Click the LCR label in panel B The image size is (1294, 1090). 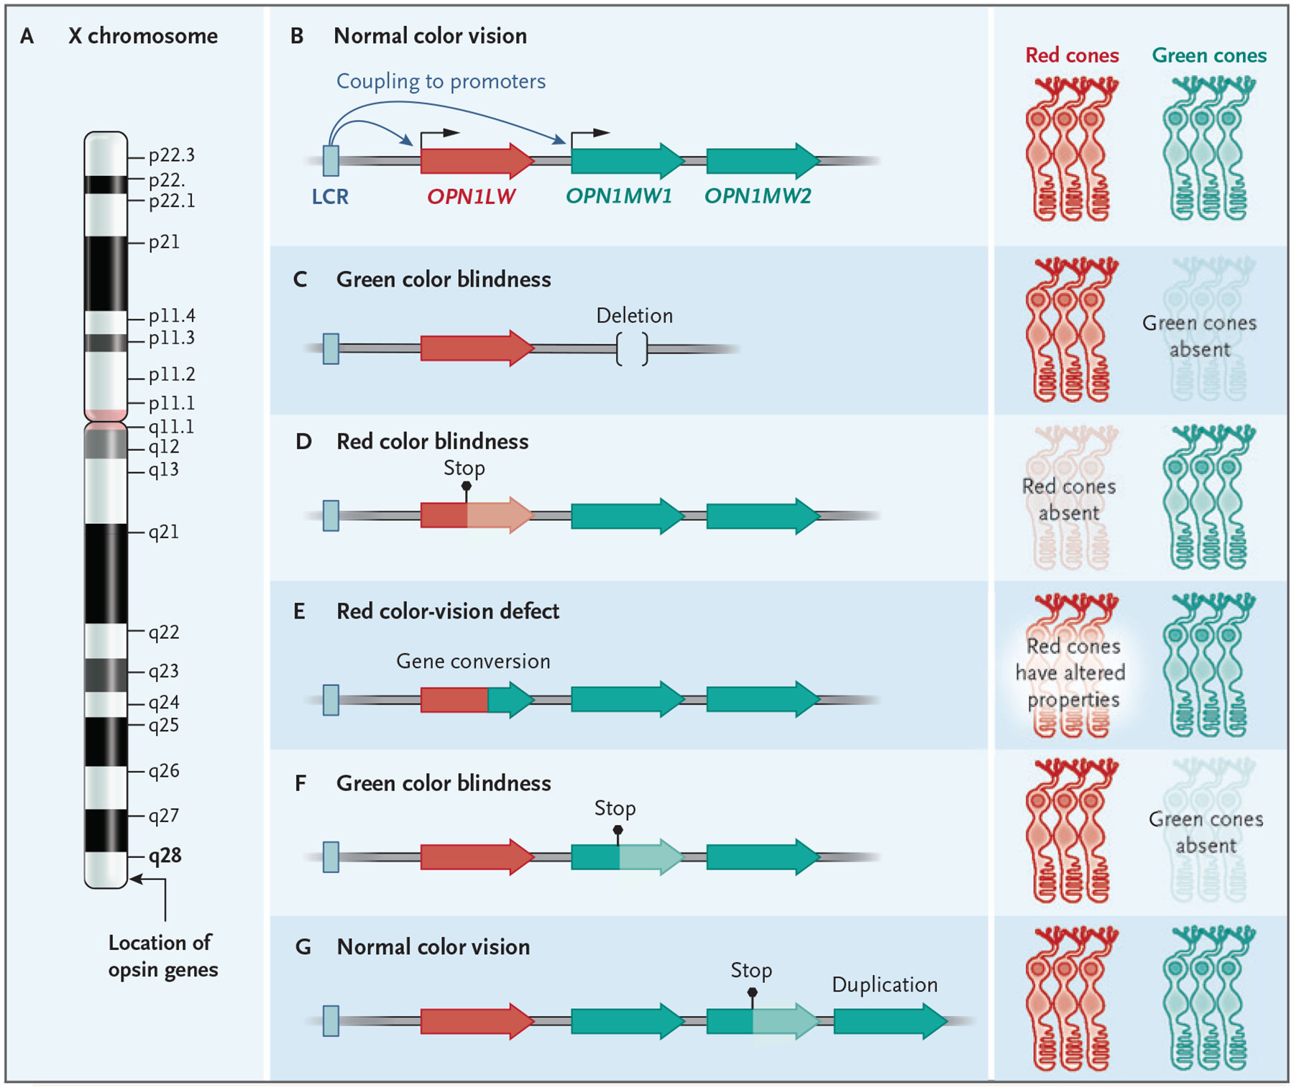[x=330, y=196]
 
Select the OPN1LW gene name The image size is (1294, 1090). [x=471, y=196]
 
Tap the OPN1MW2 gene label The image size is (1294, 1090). [x=758, y=196]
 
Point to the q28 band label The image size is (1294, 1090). [x=165, y=856]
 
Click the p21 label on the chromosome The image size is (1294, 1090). [x=164, y=242]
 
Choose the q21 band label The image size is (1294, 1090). [x=164, y=532]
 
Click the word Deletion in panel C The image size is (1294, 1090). [x=634, y=315]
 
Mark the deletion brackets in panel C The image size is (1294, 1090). [x=632, y=349]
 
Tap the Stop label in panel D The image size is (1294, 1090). [x=464, y=468]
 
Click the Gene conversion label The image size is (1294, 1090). [x=473, y=661]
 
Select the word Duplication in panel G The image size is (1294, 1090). [x=884, y=984]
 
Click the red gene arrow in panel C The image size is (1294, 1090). [x=477, y=348]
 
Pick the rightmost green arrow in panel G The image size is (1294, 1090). [x=891, y=1020]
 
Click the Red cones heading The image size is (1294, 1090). [x=1072, y=55]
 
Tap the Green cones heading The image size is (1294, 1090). [x=1209, y=55]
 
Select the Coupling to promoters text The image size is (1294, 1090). [x=441, y=81]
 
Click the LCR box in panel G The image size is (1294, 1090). [x=331, y=1020]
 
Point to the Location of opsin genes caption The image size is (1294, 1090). [x=162, y=956]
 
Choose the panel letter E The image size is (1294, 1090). [x=299, y=611]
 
